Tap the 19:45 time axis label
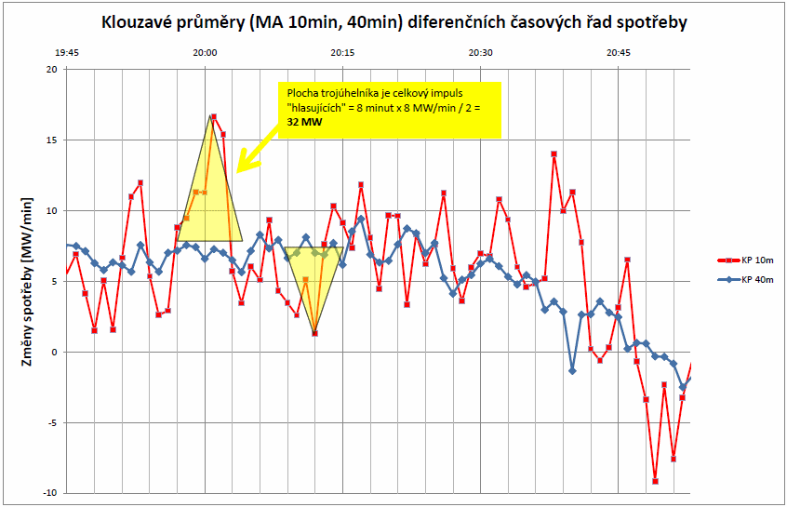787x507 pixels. pyautogui.click(x=67, y=53)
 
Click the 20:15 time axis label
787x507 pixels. pyautogui.click(x=342, y=53)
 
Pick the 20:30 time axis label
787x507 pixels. pyautogui.click(x=480, y=53)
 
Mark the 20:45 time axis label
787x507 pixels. pyautogui.click(x=618, y=53)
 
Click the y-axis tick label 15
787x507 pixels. pyautogui.click(x=52, y=140)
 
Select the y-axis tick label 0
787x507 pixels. pyautogui.click(x=55, y=353)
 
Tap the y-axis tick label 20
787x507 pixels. pyautogui.click(x=52, y=70)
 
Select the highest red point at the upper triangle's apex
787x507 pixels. pyautogui.click(x=213, y=117)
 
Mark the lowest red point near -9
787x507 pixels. pyautogui.click(x=655, y=481)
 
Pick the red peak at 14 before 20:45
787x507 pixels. pyautogui.click(x=554, y=153)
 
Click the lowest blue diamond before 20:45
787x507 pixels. pyautogui.click(x=572, y=371)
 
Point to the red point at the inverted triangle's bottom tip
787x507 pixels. pyautogui.click(x=314, y=333)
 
